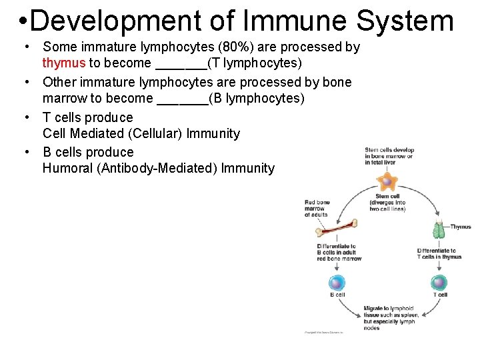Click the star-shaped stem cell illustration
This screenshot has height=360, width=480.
(x=386, y=181)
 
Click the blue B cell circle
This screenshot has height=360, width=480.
(x=337, y=282)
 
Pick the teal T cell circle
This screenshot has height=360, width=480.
(x=439, y=282)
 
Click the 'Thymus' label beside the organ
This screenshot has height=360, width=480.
(x=461, y=227)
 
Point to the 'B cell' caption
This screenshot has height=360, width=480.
(x=337, y=295)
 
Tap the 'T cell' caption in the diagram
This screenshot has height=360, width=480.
(x=440, y=295)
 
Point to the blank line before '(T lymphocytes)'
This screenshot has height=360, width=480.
(x=181, y=65)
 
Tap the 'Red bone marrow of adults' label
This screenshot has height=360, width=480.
(x=317, y=208)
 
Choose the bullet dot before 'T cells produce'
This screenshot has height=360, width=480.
(x=26, y=117)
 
